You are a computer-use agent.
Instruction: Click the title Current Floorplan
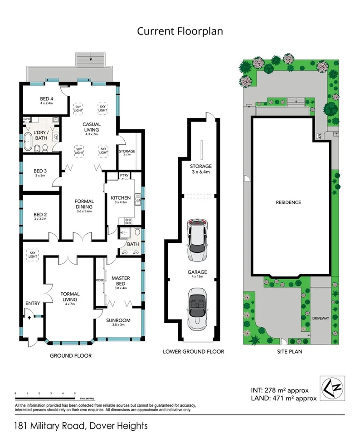coord(180,31)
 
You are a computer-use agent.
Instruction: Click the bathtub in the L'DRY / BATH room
coord(29,142)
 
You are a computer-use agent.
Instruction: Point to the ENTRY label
coord(33,304)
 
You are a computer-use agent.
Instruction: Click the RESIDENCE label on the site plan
coord(288,202)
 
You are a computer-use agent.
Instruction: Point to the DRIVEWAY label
coord(320,318)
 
